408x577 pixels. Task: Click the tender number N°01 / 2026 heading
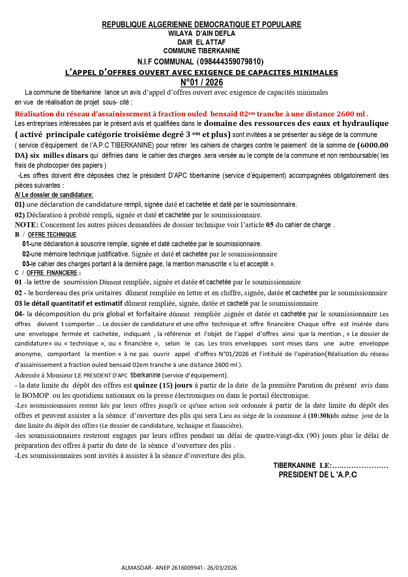coord(202,83)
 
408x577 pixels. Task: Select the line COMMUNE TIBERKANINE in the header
coord(202,51)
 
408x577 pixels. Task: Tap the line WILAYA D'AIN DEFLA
coord(202,34)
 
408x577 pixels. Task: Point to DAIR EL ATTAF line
coord(202,42)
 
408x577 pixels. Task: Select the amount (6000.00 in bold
coord(372,145)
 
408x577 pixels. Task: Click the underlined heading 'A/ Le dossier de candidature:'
coord(54,195)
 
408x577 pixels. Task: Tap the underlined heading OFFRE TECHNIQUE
coord(52,235)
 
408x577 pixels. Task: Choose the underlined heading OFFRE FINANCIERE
coord(52,273)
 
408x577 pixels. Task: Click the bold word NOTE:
coord(27,225)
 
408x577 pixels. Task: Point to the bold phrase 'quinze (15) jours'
coord(163,385)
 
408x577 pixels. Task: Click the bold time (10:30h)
coord(320,416)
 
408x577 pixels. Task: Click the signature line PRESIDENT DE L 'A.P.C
coord(318,475)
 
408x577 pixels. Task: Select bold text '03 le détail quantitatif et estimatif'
coord(68,303)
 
